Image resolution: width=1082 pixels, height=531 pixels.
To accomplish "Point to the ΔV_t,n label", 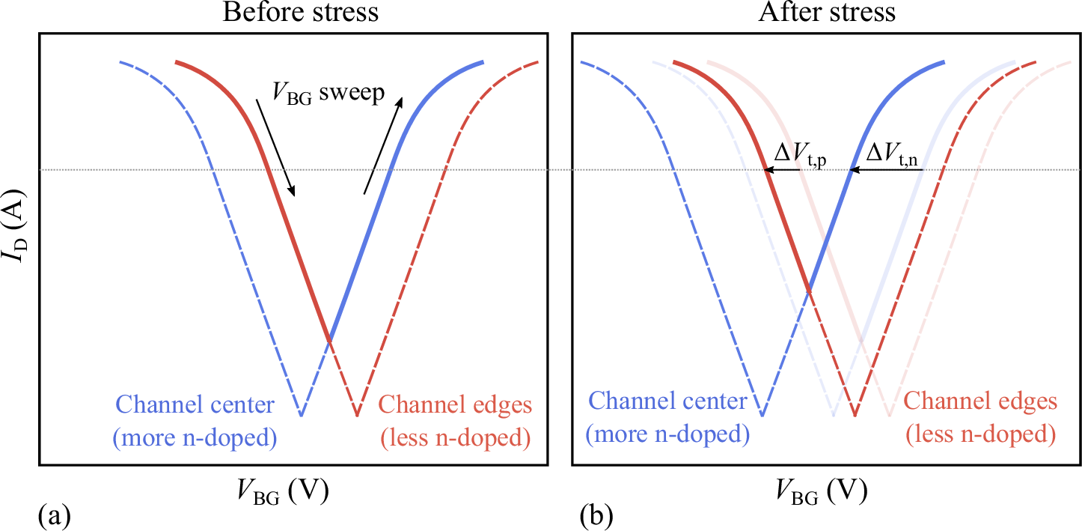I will (x=895, y=154).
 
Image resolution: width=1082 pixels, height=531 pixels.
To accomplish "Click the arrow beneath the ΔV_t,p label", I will (x=783, y=171).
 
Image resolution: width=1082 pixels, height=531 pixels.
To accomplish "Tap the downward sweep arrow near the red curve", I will (x=275, y=148).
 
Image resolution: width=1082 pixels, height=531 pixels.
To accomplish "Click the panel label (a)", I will (x=53, y=515).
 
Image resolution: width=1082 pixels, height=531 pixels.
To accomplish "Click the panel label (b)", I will (x=596, y=515).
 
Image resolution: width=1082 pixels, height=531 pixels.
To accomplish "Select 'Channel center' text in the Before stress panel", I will (x=195, y=405).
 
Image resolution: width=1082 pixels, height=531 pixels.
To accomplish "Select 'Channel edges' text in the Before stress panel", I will (x=455, y=405).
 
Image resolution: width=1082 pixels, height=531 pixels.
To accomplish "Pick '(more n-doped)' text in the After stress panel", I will (x=667, y=434).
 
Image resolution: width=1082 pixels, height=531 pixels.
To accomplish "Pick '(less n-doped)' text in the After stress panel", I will (x=981, y=434).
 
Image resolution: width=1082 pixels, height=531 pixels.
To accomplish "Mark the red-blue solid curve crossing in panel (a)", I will (x=329, y=341).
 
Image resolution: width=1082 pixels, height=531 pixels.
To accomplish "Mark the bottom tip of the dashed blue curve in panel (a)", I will (x=301, y=414).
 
